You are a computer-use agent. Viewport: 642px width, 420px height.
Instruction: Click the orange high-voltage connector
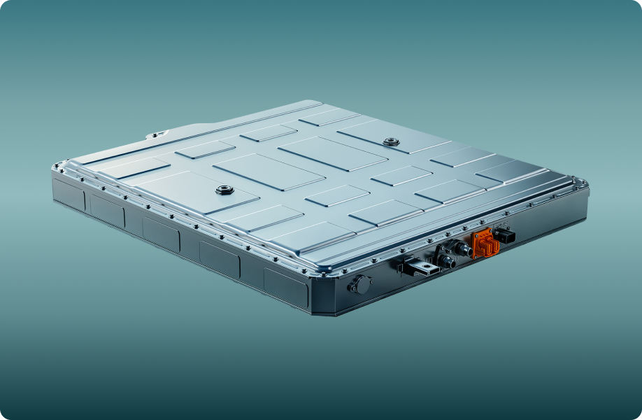click(x=484, y=243)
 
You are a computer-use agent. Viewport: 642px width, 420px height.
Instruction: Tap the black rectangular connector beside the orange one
click(x=505, y=235)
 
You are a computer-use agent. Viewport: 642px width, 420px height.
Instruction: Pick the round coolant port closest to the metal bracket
click(x=445, y=260)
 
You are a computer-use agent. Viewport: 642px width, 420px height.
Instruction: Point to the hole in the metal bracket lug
click(x=425, y=267)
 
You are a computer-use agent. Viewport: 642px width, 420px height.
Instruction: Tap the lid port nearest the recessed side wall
click(x=224, y=190)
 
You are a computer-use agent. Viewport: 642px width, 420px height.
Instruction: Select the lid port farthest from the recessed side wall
click(x=390, y=142)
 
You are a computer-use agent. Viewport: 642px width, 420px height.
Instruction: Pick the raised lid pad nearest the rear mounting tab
click(x=205, y=149)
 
